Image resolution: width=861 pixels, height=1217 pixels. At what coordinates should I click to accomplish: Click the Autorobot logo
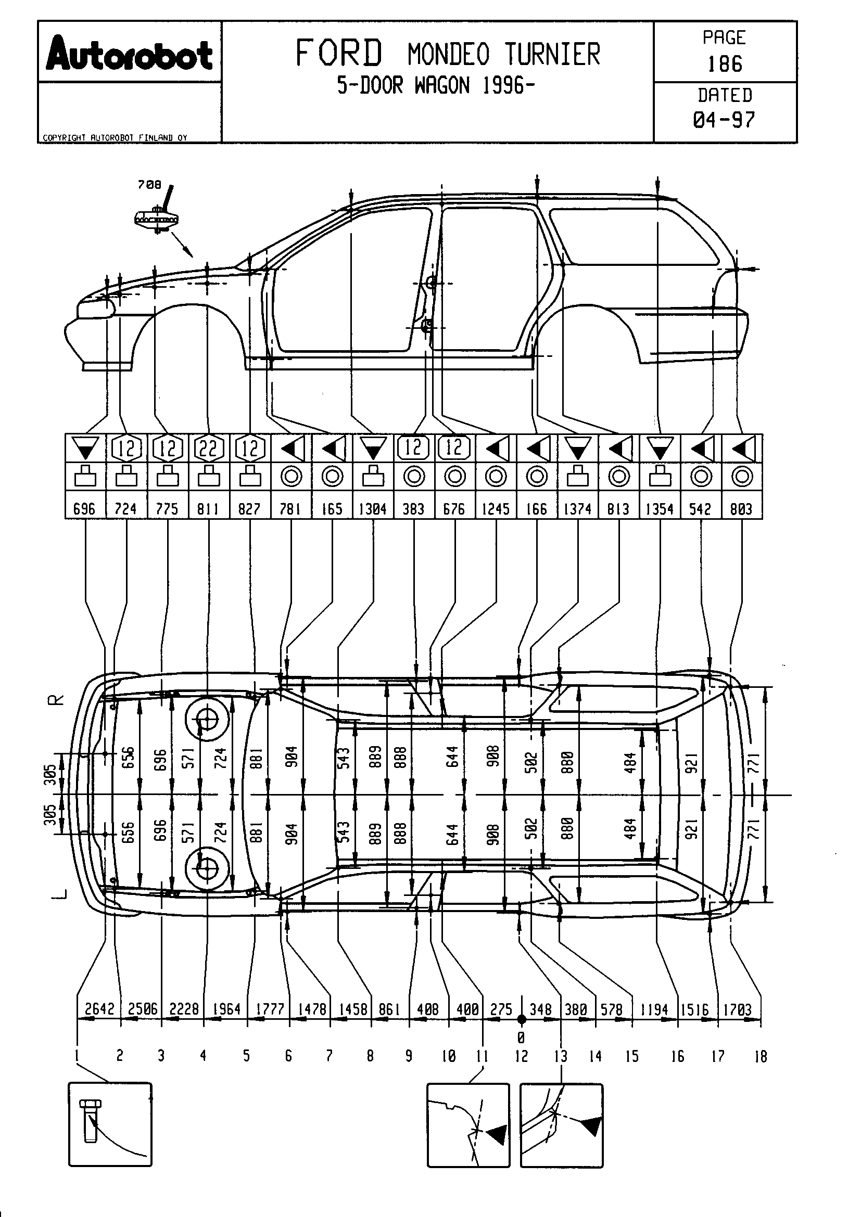click(130, 54)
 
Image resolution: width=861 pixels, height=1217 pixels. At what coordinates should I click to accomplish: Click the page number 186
click(725, 64)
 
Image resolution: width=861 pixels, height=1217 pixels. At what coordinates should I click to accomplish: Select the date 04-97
click(724, 120)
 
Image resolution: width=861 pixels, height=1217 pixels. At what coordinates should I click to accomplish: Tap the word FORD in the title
click(338, 54)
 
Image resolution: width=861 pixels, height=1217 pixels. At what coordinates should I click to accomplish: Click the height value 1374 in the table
click(577, 509)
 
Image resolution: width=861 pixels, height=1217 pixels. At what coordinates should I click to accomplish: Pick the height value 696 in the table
click(85, 509)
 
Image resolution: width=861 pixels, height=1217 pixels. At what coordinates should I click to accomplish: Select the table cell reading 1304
click(373, 509)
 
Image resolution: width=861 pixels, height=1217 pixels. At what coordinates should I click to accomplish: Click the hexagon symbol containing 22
click(208, 449)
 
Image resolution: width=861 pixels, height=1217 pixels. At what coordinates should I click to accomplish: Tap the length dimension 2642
click(99, 1009)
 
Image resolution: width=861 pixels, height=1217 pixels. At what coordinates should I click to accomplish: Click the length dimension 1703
click(737, 1010)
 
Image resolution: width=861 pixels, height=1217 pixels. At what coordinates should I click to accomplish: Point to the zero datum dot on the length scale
click(522, 1019)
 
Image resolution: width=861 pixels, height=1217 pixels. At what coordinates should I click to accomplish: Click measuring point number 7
click(329, 1056)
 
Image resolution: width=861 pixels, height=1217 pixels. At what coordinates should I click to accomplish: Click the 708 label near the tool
click(149, 185)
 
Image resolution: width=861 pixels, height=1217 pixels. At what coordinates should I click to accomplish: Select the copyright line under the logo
click(115, 138)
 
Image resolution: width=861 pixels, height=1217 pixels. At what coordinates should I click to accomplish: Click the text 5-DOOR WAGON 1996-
click(436, 85)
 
